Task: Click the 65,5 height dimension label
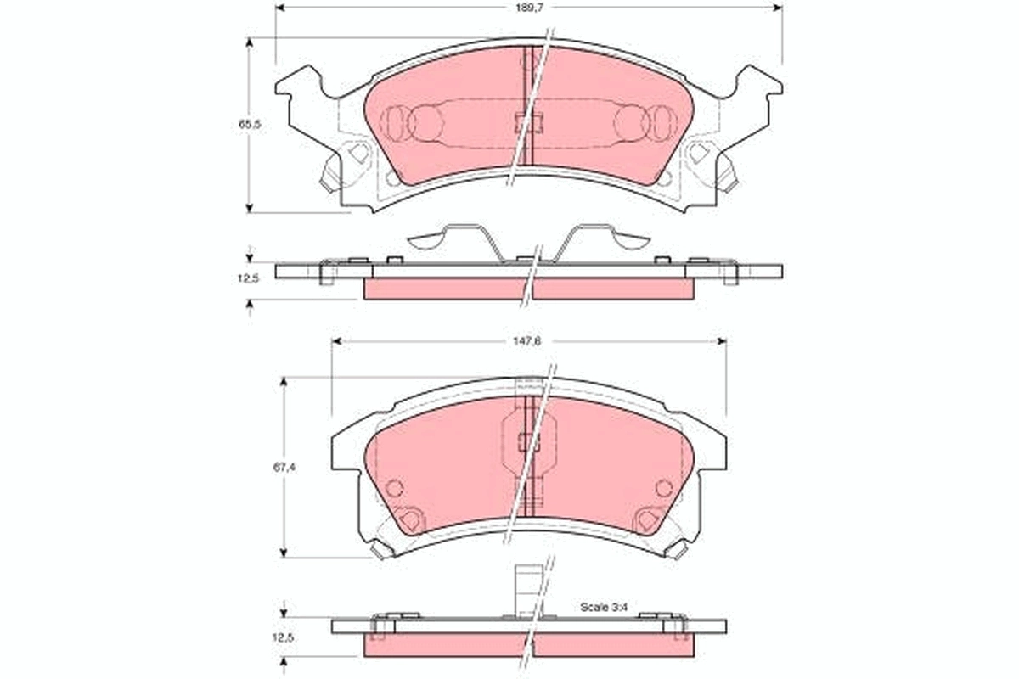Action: [248, 124]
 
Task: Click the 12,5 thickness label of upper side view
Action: [248, 278]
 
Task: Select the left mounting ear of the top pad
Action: [301, 85]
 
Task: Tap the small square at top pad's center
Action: [527, 122]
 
